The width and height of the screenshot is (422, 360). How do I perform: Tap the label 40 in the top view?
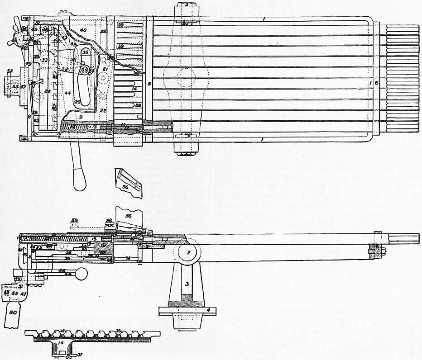[x=83, y=30]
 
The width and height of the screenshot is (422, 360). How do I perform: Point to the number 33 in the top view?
[x=44, y=60]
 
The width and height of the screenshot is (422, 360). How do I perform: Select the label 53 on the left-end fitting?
[x=15, y=86]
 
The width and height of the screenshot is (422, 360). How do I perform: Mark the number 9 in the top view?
[x=80, y=116]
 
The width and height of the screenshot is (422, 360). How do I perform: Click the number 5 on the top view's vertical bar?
[x=148, y=84]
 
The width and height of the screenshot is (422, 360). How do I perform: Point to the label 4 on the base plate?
[x=208, y=310]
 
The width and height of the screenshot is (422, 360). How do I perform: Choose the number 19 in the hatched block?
[x=103, y=245]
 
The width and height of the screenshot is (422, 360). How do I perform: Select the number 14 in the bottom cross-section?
[x=60, y=343]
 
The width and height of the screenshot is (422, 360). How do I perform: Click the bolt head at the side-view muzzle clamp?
[x=384, y=252]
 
